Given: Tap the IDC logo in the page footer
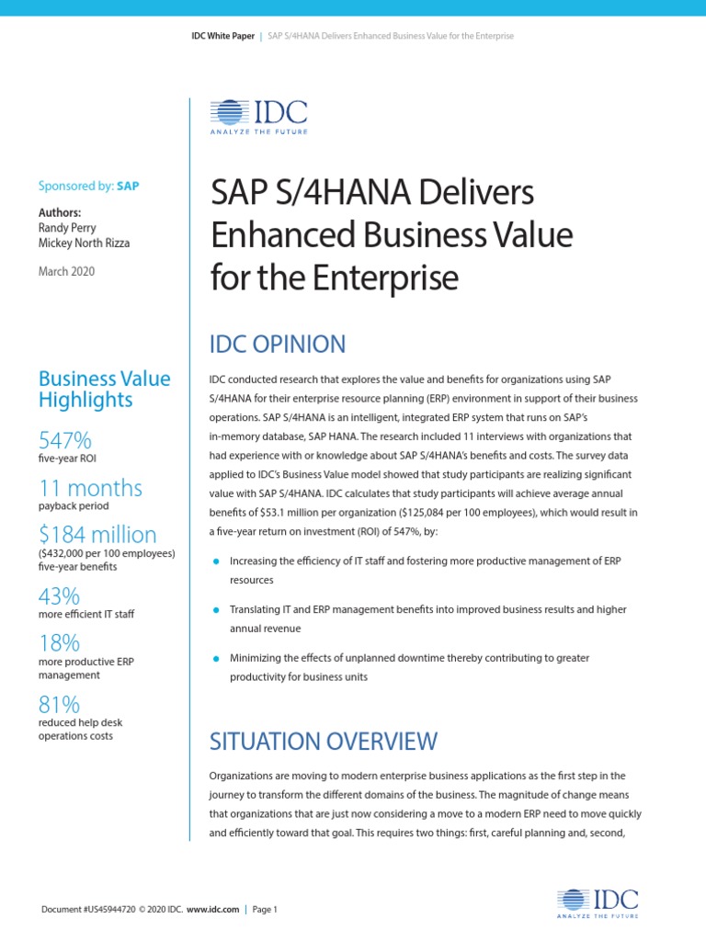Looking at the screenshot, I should tap(598, 903).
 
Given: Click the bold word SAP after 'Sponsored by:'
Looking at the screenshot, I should tap(128, 186).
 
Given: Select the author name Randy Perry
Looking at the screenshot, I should tap(68, 227).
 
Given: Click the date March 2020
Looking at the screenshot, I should tap(66, 271).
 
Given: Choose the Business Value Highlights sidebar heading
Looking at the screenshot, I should tap(104, 389).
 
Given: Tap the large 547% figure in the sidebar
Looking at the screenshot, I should tap(64, 440).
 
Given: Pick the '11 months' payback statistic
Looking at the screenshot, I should tap(90, 487).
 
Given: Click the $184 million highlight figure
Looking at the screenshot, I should tap(97, 534).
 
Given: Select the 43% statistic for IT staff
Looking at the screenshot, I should tap(59, 595).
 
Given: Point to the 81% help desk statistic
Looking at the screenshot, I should tap(59, 705).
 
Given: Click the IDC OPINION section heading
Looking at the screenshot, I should tap(279, 345).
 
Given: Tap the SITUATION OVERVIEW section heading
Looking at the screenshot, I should tap(324, 741).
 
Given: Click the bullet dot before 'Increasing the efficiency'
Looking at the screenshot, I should tap(215, 561).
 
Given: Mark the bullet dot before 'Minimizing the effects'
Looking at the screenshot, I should tap(215, 658).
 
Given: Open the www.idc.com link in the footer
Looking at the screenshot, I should tap(213, 910).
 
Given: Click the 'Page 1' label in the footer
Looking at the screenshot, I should tap(264, 910).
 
